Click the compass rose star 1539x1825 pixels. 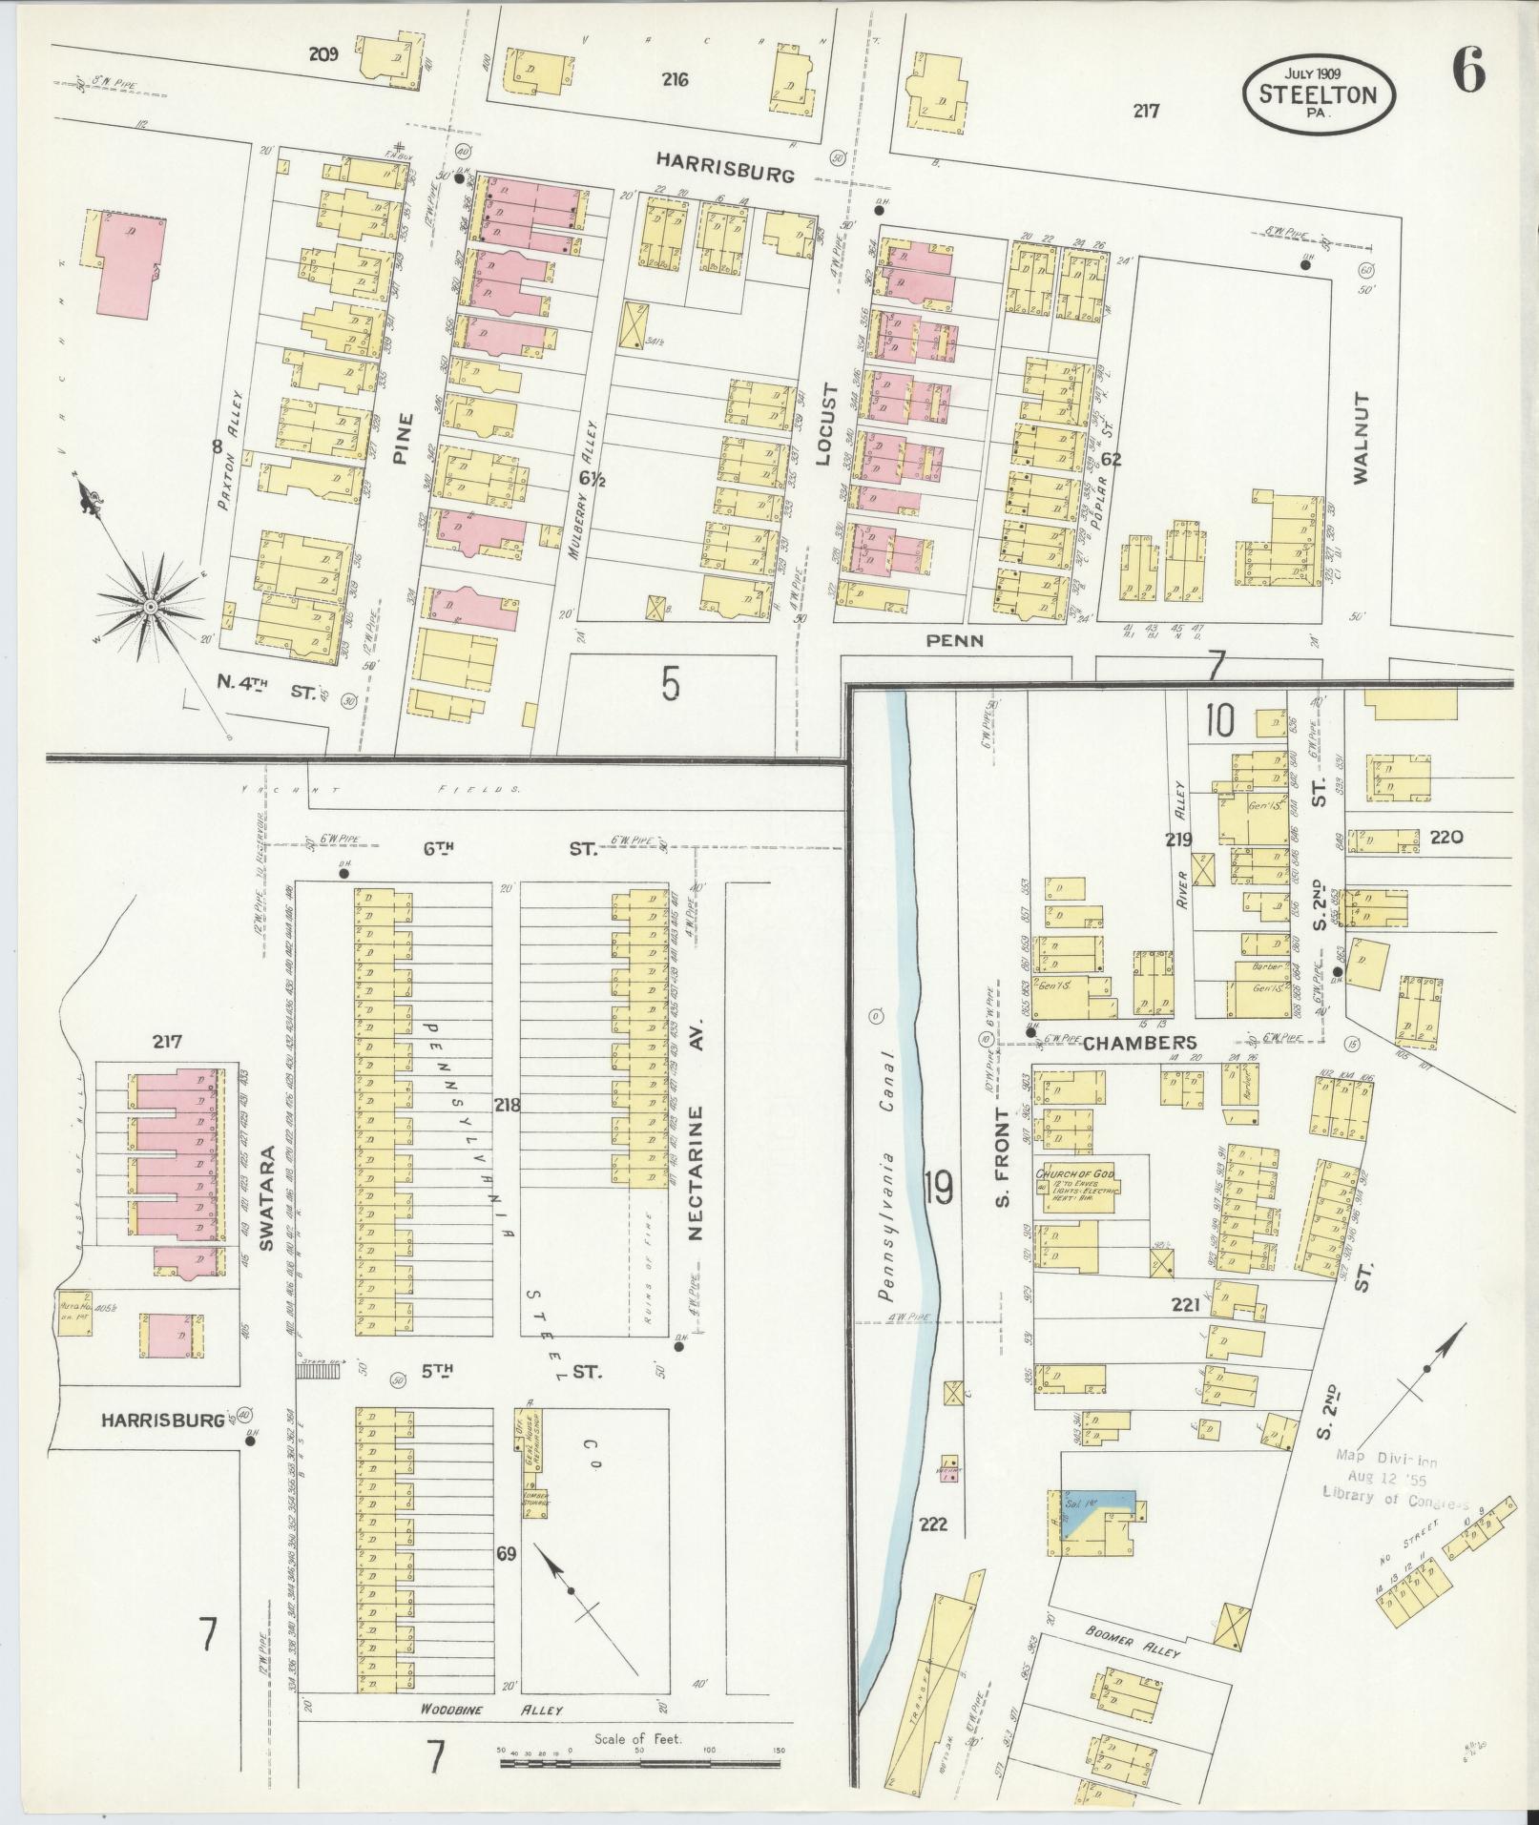pyautogui.click(x=150, y=607)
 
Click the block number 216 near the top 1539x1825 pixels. pyautogui.click(x=676, y=79)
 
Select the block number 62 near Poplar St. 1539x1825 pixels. pyautogui.click(x=1111, y=459)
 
